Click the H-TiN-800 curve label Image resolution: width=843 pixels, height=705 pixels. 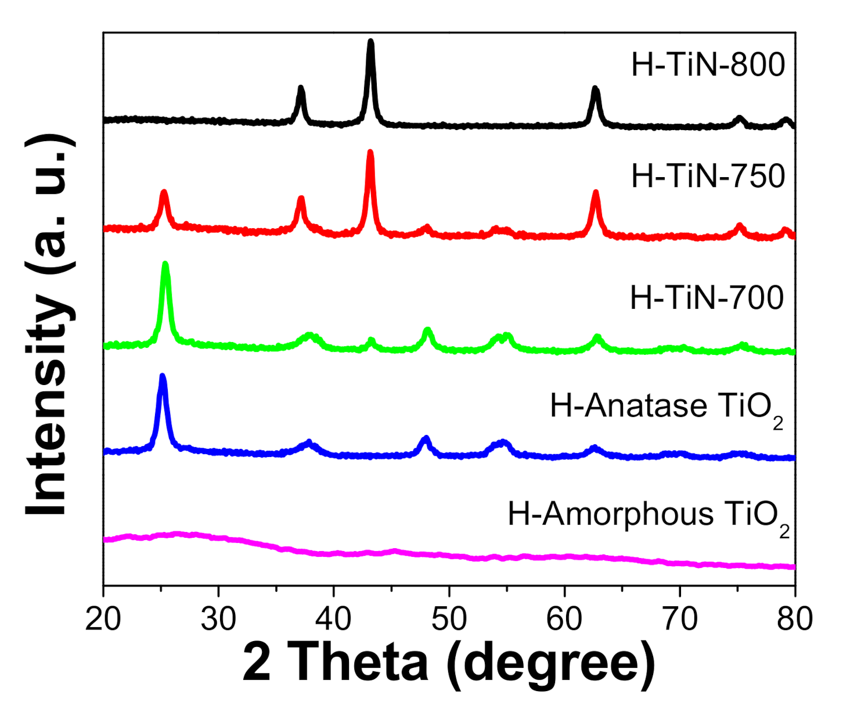click(708, 65)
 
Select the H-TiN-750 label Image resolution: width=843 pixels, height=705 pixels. click(708, 175)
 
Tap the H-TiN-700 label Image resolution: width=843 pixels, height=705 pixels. click(707, 298)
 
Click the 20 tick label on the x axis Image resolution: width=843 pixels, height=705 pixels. click(103, 619)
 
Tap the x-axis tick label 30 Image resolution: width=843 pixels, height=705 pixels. click(218, 619)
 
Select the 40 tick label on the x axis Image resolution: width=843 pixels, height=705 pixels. click(334, 619)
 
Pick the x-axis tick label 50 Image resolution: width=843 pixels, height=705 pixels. click(449, 619)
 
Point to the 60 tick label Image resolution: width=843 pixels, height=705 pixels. click(564, 619)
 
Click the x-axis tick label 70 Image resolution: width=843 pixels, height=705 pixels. click(679, 619)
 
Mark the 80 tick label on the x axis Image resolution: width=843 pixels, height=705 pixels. click(794, 619)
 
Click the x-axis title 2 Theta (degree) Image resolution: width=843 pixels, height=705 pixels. click(448, 663)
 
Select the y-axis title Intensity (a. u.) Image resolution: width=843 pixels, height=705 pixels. click(51, 325)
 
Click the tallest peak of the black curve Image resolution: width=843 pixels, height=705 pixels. click(371, 42)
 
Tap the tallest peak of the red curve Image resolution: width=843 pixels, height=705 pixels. click(370, 152)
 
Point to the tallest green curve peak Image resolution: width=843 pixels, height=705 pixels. click(165, 265)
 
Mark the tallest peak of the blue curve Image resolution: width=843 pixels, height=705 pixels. click(163, 376)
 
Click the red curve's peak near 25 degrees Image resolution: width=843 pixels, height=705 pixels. click(164, 192)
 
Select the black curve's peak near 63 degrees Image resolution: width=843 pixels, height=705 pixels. click(595, 89)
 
